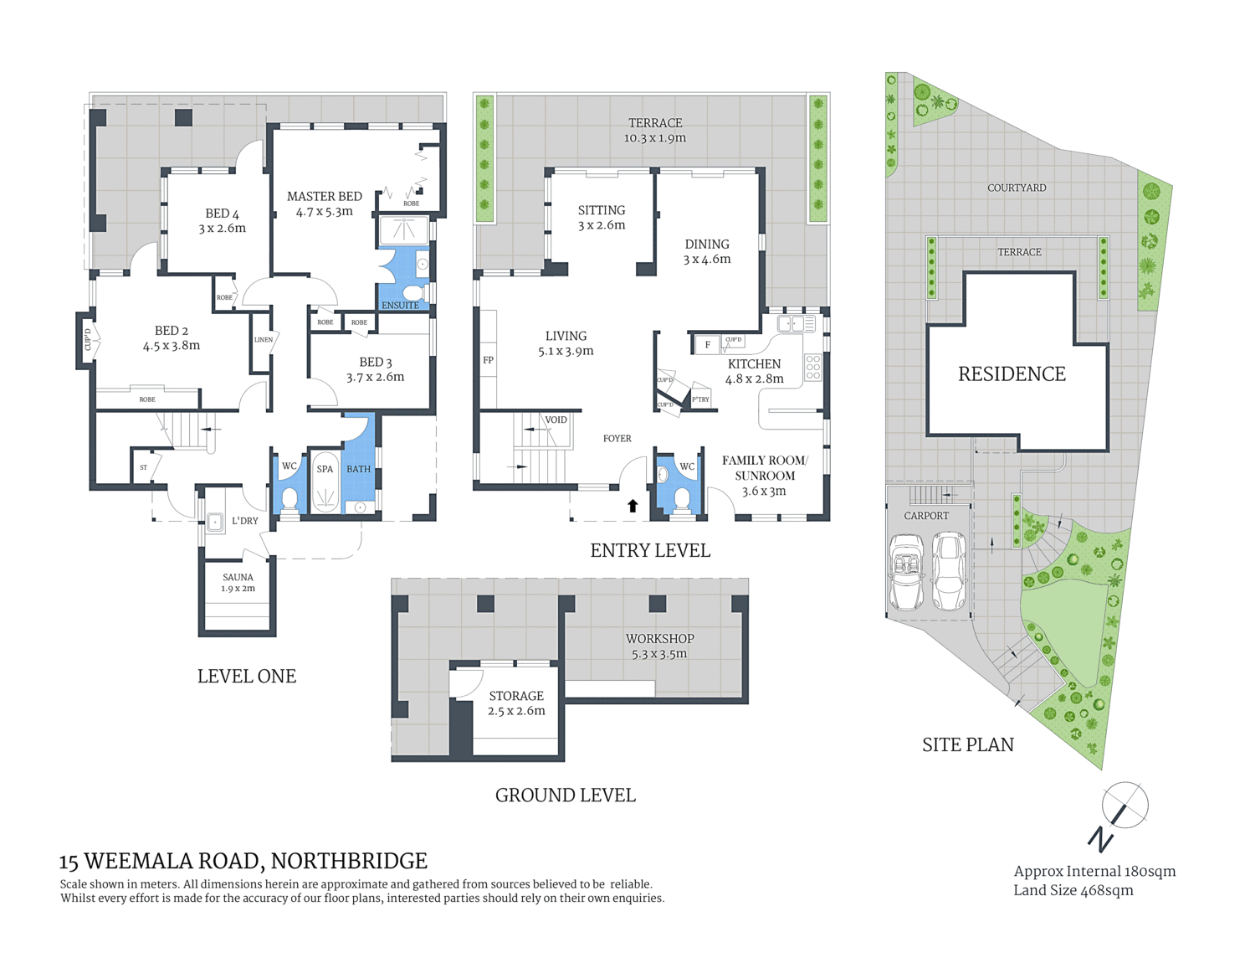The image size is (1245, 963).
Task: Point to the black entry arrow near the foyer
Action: point(633,505)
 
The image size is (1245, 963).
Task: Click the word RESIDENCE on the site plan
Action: point(1012,373)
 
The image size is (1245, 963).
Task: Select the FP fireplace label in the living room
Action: point(488,360)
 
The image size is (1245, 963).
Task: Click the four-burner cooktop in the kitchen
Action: point(813,368)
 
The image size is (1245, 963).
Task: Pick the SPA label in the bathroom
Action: point(325,469)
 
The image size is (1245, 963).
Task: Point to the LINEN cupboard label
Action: point(264,339)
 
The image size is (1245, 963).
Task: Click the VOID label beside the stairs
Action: point(556,420)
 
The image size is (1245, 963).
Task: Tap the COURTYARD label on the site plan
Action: point(1017,188)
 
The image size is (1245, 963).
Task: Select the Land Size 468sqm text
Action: point(1073,890)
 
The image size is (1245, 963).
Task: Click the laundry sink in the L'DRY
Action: point(215,523)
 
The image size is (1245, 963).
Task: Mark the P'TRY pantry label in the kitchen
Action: point(700,399)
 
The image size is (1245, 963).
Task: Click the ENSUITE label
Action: point(400,306)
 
